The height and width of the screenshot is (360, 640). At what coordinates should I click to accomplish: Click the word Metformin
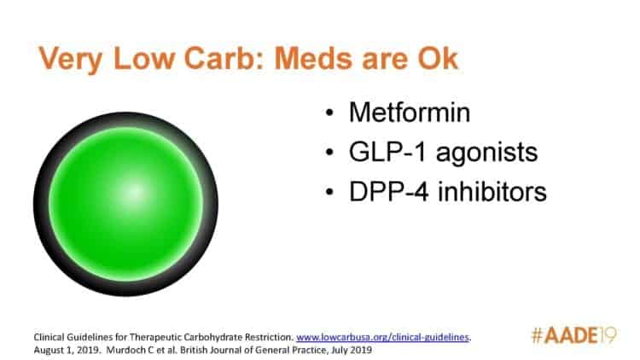click(x=410, y=113)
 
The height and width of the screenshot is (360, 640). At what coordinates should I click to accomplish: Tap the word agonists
click(x=487, y=154)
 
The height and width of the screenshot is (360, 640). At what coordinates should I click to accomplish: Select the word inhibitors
click(x=492, y=191)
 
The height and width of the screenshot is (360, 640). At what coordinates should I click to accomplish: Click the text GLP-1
click(x=387, y=152)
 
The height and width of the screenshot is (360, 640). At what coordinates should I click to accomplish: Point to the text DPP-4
click(x=388, y=191)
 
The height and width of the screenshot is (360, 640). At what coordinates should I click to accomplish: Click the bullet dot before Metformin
click(x=329, y=113)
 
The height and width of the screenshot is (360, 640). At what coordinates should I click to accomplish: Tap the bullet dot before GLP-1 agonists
click(x=329, y=152)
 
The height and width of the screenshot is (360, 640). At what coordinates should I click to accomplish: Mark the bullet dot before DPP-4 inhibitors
click(x=329, y=192)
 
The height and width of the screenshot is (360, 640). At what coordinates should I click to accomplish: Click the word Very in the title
click(x=71, y=60)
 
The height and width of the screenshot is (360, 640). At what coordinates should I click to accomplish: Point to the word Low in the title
click(x=144, y=58)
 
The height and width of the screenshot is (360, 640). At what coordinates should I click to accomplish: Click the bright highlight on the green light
click(x=133, y=193)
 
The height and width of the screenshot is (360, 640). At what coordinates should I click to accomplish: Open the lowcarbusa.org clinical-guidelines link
click(x=383, y=337)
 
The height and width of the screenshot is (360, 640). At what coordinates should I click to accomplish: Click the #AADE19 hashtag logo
click(x=573, y=335)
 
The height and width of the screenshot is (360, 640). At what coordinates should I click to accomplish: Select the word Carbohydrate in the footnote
click(x=210, y=337)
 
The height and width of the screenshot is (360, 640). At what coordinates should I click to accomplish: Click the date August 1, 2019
click(x=67, y=351)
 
